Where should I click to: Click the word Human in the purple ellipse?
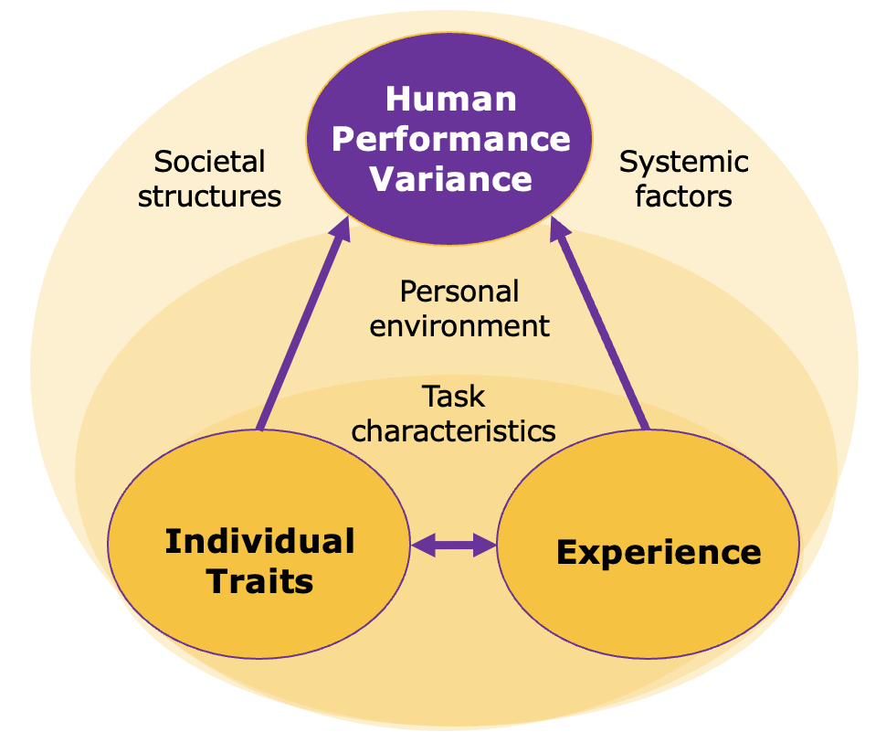click(x=450, y=99)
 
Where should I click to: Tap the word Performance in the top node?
click(x=450, y=138)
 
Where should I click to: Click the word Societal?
click(x=209, y=162)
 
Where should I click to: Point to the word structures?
click(x=209, y=196)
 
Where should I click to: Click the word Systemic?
click(x=683, y=163)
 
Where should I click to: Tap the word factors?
click(x=683, y=196)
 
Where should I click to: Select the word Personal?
click(x=459, y=292)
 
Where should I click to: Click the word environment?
click(x=459, y=325)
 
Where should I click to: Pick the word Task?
click(x=453, y=397)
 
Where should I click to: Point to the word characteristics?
click(x=453, y=430)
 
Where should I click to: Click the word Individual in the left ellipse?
click(x=259, y=541)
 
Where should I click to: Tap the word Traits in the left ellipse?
click(x=260, y=581)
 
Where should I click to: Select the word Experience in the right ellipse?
click(x=658, y=552)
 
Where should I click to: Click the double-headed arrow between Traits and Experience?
click(x=454, y=546)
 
